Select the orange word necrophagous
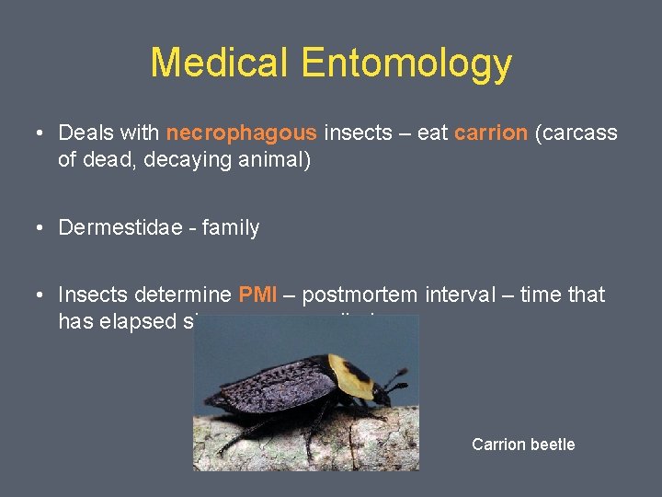click(242, 133)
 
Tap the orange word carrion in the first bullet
click(491, 133)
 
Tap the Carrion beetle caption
click(523, 445)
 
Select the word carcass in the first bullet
click(580, 133)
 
